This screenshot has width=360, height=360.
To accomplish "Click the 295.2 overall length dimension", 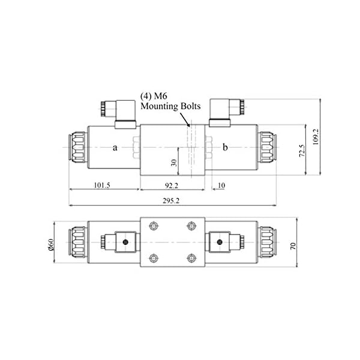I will [173, 200].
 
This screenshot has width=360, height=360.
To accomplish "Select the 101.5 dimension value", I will [101, 185].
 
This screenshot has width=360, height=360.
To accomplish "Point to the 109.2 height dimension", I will [324, 137].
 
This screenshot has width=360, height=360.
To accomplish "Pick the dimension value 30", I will [173, 162].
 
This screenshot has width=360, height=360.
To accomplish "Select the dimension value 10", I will [221, 185].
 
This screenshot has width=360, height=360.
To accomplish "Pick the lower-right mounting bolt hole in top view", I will [192, 259].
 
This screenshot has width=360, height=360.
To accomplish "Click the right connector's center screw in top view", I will [220, 242].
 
